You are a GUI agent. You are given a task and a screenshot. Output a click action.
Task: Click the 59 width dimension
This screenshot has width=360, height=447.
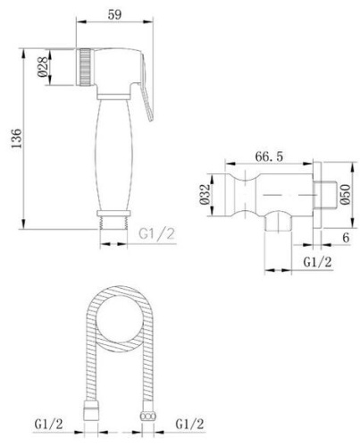pyautogui.click(x=114, y=14)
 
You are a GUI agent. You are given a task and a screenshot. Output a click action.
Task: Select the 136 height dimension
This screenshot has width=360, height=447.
pyautogui.click(x=17, y=139)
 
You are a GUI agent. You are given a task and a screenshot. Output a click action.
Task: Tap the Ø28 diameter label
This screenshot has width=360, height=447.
pyautogui.click(x=43, y=67)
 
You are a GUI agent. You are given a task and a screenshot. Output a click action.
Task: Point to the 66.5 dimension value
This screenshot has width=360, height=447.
pyautogui.click(x=269, y=156)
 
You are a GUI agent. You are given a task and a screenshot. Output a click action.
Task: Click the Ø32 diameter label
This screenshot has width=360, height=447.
pyautogui.click(x=205, y=195)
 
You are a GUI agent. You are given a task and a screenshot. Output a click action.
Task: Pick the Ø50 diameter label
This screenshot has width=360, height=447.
pyautogui.click(x=345, y=195)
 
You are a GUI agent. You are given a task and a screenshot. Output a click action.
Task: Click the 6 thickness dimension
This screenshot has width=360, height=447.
pyautogui.click(x=346, y=238)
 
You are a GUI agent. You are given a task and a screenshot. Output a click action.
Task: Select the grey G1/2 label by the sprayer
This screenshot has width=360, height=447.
pyautogui.click(x=156, y=233)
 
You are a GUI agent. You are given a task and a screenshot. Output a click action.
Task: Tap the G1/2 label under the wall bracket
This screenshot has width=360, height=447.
pyautogui.click(x=317, y=262)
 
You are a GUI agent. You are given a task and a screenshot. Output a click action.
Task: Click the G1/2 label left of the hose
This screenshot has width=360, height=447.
pyautogui.click(x=49, y=424)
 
